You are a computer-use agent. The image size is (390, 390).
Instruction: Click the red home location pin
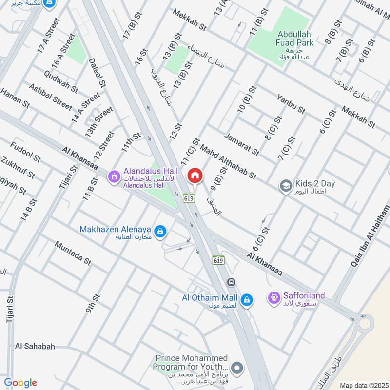195,176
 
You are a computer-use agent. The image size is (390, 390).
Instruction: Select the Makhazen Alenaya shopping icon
159,230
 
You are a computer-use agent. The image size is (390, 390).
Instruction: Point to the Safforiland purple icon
274,296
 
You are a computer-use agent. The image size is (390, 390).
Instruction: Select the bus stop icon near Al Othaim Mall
231,282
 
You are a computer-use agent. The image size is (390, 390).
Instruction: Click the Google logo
20,383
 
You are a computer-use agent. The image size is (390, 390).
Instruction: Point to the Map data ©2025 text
363,385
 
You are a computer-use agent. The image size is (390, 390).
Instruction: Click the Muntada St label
73,253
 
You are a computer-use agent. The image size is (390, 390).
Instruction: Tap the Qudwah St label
60,81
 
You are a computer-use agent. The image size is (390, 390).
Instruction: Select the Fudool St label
25,151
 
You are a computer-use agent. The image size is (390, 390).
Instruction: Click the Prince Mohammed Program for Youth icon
237,368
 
